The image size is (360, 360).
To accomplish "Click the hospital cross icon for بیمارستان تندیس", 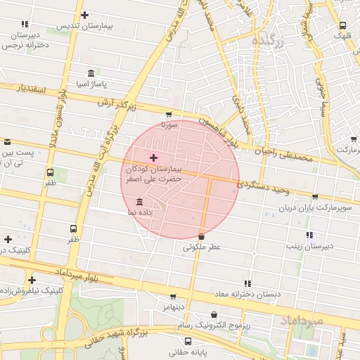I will [85, 15].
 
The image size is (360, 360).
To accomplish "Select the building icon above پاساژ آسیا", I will [91, 73].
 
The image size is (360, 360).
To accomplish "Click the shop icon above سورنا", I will [169, 115].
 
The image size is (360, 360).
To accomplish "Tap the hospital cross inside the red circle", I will [154, 158].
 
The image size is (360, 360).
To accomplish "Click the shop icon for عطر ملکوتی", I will [202, 237].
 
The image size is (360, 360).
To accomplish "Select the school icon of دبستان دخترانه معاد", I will [247, 283].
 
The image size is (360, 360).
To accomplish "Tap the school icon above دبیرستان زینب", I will [309, 236].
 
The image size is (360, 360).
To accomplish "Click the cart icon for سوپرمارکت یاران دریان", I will [314, 197].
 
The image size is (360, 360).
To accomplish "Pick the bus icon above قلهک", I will [342, 25].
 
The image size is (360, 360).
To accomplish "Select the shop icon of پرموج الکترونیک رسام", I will [214, 315].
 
